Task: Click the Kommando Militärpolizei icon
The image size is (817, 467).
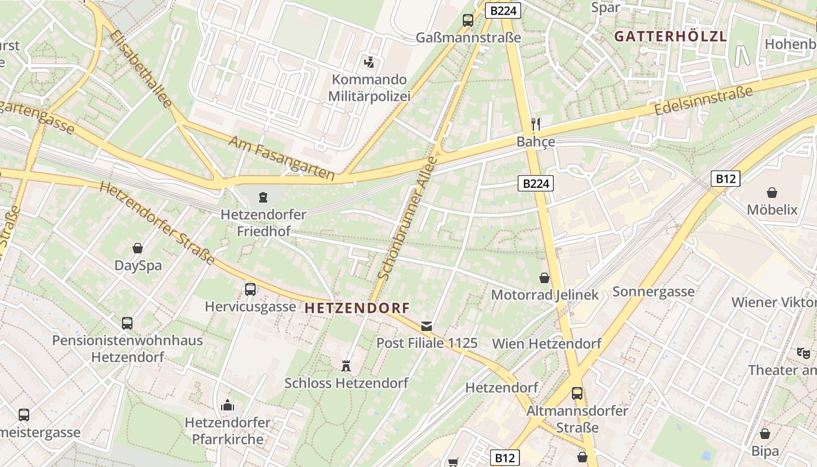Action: point(368,62)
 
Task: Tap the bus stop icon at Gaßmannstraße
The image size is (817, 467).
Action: point(468,20)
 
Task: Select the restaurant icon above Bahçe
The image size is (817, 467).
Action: point(536,124)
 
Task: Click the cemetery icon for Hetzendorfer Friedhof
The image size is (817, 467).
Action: point(263,197)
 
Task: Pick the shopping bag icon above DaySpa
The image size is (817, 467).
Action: point(138,248)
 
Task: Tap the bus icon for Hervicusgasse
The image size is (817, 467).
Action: point(250,289)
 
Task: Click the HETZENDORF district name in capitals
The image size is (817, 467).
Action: point(357,308)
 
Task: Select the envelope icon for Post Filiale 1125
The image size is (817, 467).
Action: point(427,326)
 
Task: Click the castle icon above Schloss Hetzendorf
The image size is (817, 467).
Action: point(346,366)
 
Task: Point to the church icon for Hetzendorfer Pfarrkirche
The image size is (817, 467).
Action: point(228,405)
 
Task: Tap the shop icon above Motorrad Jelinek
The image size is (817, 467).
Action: point(544,278)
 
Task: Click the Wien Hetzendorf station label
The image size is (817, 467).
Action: point(547,343)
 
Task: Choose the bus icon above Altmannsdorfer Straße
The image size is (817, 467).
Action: point(577,393)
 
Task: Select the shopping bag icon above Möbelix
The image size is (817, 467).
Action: point(772,192)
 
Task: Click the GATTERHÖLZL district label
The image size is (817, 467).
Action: point(671,36)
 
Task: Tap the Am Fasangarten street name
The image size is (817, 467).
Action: point(281,158)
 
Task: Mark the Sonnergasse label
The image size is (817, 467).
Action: point(654,291)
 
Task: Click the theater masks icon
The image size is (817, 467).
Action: point(804,353)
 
